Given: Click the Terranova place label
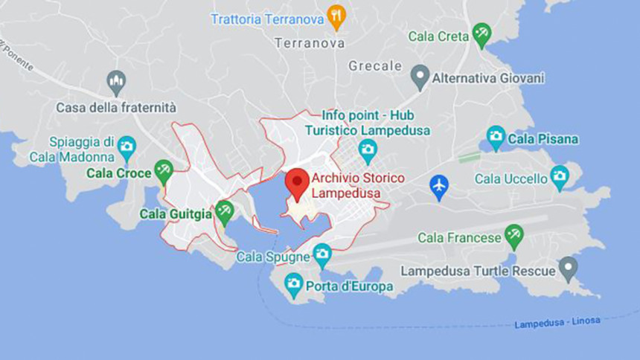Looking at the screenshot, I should click(x=310, y=43).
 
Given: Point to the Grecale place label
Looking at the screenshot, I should click(x=375, y=66).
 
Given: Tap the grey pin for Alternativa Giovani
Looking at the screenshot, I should click(x=420, y=77).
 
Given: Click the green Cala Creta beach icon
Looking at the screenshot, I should click(x=482, y=34).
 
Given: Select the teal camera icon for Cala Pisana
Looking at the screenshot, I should click(x=496, y=138).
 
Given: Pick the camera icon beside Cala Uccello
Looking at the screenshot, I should click(x=559, y=177).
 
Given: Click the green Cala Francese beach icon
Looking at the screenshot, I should click(x=513, y=237).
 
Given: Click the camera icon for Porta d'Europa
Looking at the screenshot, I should click(x=294, y=284).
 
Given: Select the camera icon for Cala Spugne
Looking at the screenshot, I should click(x=322, y=255).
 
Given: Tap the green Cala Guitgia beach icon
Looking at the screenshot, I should click(x=224, y=213).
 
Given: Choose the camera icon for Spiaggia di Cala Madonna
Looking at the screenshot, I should click(x=127, y=146).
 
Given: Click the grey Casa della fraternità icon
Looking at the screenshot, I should click(x=116, y=81).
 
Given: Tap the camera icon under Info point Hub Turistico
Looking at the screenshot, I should click(x=368, y=150).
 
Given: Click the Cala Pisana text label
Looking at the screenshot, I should click(x=543, y=139).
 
